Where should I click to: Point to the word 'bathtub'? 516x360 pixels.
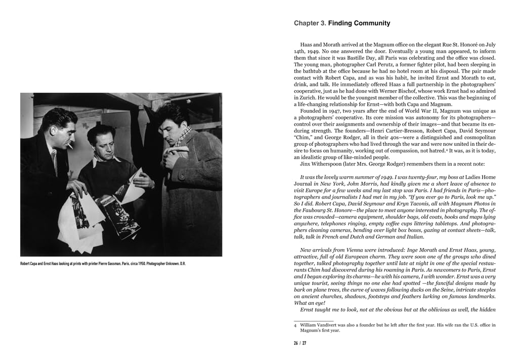tap(306, 71)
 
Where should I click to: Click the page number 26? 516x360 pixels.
tap(296, 343)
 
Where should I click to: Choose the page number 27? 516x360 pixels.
tap(304, 343)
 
